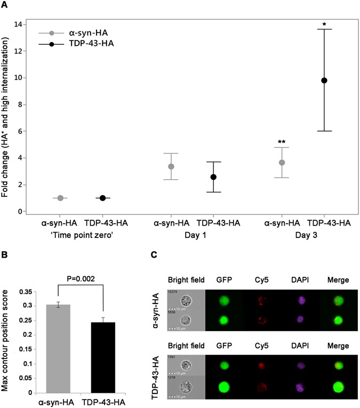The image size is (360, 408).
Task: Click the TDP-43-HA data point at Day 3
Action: click(324, 81)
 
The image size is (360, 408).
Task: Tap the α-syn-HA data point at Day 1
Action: click(171, 166)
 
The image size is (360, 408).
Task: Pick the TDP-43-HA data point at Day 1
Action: click(213, 177)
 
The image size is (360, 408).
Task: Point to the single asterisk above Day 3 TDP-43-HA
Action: click(324, 25)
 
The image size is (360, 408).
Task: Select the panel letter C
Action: click(154, 255)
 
